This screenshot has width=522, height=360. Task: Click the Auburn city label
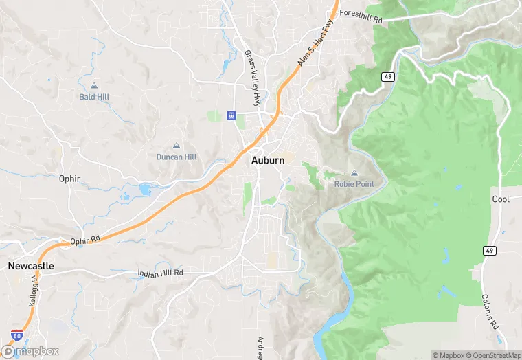(268, 160)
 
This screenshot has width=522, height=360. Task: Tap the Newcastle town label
(31, 265)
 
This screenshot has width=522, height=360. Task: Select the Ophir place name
(69, 179)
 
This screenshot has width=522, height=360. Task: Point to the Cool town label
(501, 199)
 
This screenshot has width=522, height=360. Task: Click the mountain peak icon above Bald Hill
(93, 87)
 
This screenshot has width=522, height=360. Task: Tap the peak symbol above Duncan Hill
(177, 146)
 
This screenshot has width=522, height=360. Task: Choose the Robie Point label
(354, 183)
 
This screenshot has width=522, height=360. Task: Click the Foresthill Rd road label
(361, 16)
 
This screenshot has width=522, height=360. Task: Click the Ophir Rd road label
(85, 240)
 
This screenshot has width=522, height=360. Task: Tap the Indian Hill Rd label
(160, 273)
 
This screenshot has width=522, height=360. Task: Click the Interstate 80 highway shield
(16, 336)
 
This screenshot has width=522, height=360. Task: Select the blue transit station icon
(232, 115)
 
